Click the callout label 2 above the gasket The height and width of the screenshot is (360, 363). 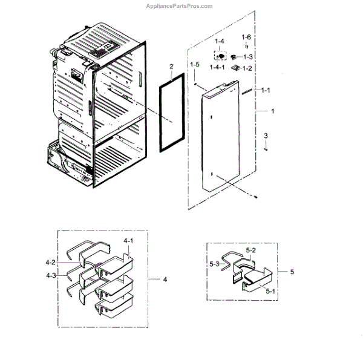171,66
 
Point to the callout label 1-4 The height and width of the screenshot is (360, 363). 219,41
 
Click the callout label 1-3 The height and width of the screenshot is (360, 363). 248,57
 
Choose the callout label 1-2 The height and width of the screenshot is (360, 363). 247,69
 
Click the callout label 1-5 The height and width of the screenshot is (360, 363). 194,65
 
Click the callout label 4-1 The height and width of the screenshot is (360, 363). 128,241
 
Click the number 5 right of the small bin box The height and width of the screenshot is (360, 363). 292,272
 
